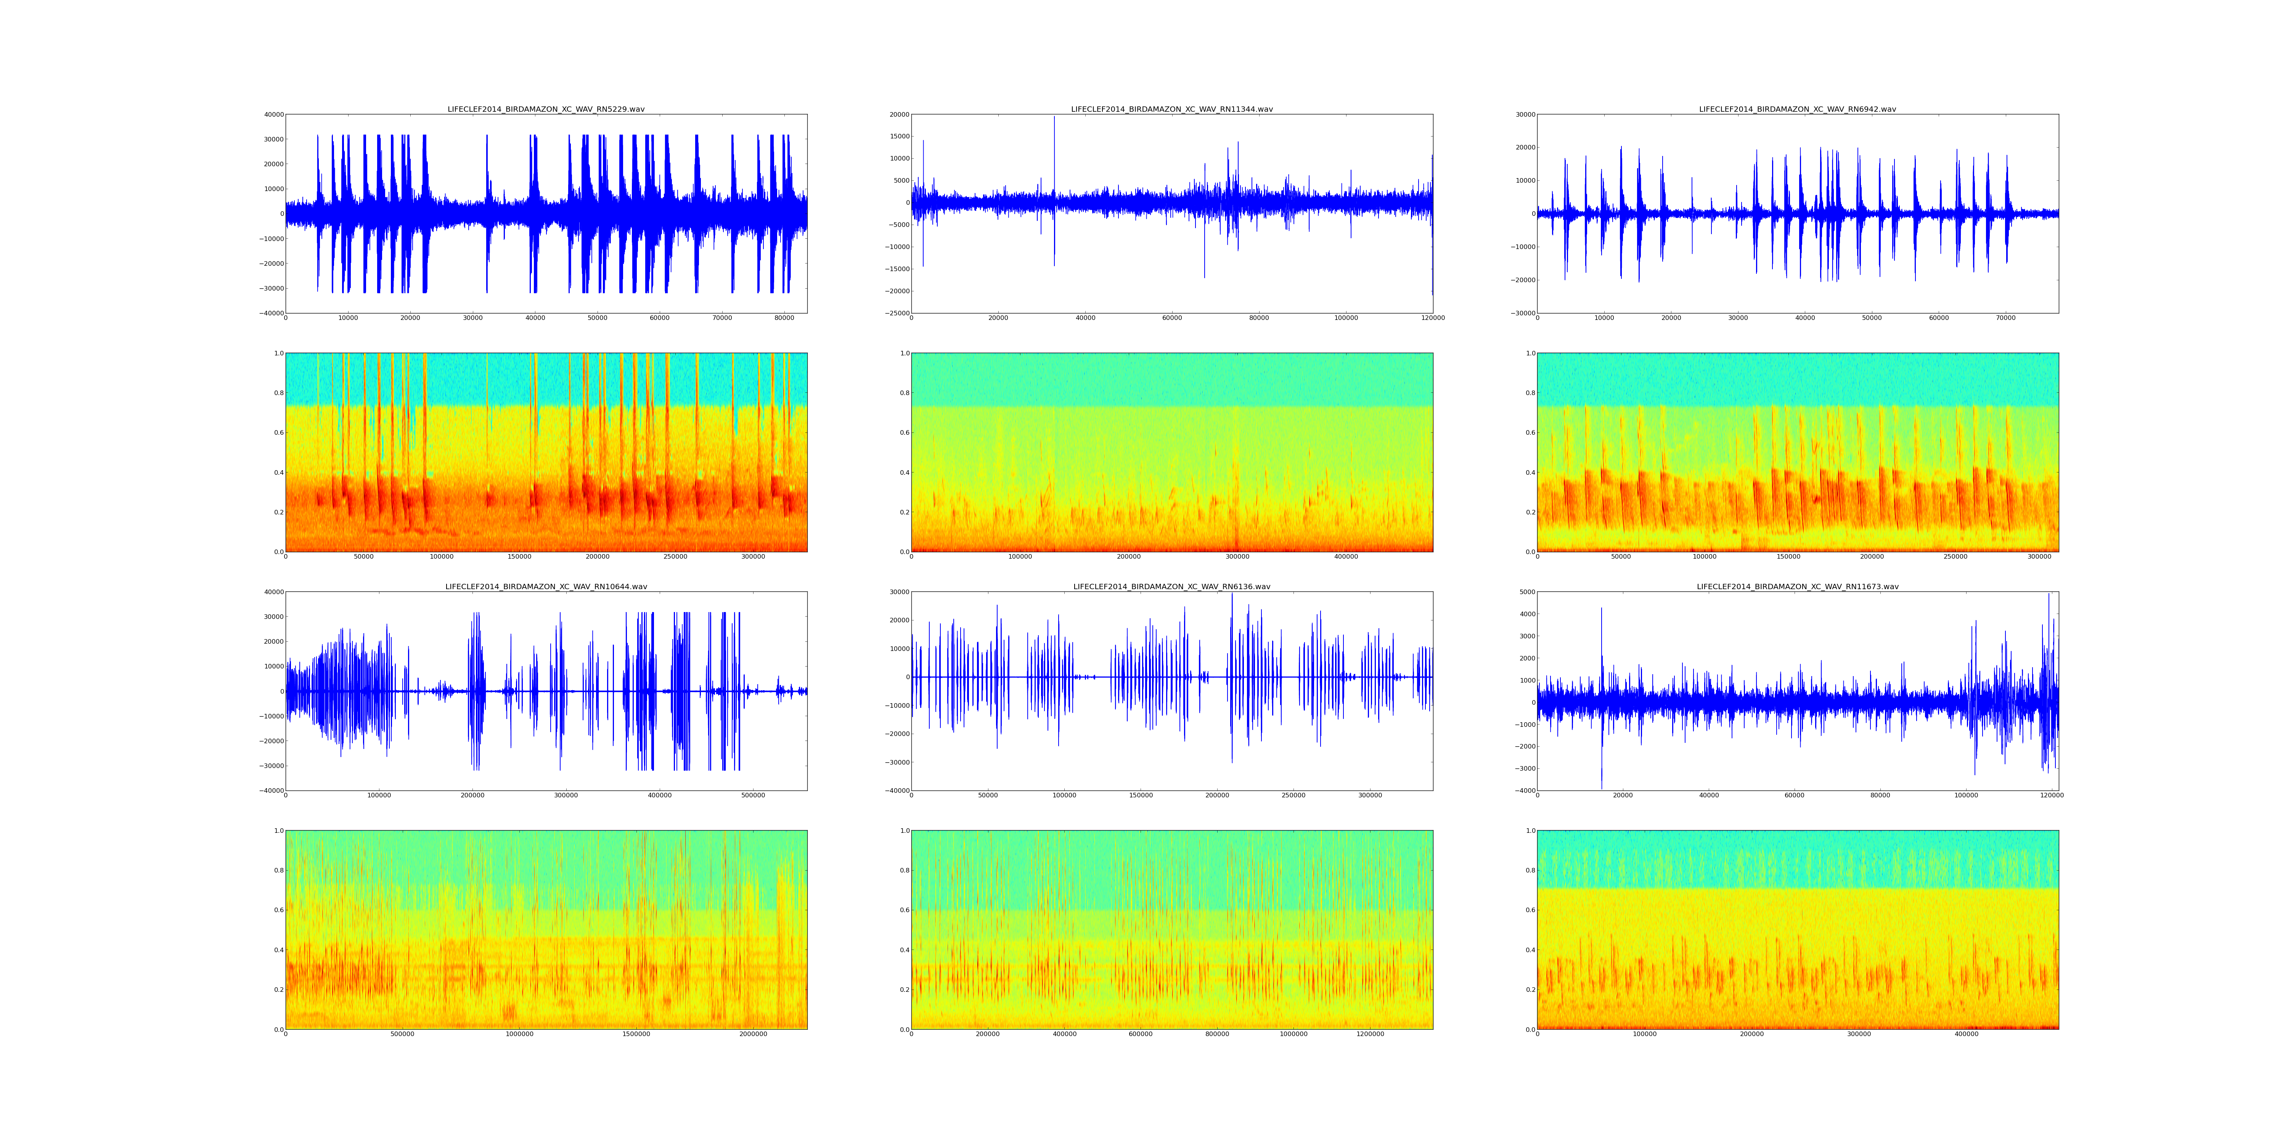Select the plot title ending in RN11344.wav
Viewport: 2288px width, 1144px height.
tap(1171, 109)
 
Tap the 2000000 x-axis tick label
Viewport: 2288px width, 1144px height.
tap(753, 1034)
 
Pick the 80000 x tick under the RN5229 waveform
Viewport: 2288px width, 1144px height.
tap(784, 318)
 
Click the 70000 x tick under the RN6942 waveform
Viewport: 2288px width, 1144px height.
tap(2005, 318)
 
